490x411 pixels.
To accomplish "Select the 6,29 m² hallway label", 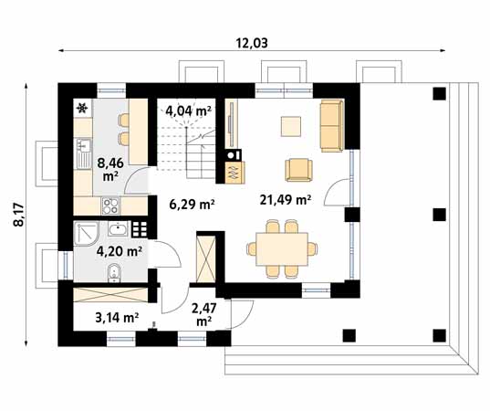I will pyautogui.click(x=192, y=205).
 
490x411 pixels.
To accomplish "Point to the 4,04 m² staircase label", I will pyautogui.click(x=188, y=111).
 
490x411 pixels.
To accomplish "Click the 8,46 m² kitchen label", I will pyautogui.click(x=110, y=169).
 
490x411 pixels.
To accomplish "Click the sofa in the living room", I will pyautogui.click(x=330, y=126).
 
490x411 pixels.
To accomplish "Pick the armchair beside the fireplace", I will pyautogui.click(x=298, y=170).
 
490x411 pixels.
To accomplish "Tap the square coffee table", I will pyautogui.click(x=292, y=126).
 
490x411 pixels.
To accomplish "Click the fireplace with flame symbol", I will pyautogui.click(x=232, y=170).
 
